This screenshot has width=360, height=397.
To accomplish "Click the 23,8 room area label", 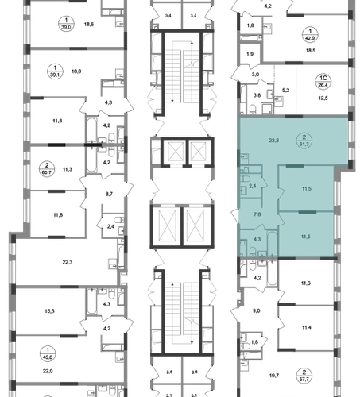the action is click(x=273, y=141).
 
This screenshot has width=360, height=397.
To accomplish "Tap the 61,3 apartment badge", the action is click(x=304, y=141).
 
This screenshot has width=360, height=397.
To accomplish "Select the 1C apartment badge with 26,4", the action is click(x=323, y=81).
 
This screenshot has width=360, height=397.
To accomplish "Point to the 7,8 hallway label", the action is click(x=257, y=214).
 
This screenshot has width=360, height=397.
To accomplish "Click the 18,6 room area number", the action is click(x=89, y=25).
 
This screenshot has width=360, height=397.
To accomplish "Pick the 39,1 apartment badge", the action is click(x=55, y=71).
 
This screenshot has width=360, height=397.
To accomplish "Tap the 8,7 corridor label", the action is click(x=109, y=194).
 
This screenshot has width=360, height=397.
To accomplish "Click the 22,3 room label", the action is click(x=68, y=262).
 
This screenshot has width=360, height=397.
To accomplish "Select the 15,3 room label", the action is click(x=49, y=311).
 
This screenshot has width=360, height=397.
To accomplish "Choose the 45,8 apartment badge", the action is click(x=48, y=353).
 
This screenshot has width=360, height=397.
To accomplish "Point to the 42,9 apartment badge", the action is click(x=310, y=35).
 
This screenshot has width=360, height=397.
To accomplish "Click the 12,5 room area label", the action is click(x=323, y=98).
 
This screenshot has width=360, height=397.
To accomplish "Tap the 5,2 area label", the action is click(x=285, y=91).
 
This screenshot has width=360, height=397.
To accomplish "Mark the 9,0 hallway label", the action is click(x=256, y=311).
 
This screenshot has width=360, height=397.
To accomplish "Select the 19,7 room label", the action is click(x=274, y=376).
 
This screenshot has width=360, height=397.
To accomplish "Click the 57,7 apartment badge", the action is click(x=304, y=376).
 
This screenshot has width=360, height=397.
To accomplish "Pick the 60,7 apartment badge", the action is click(x=47, y=169).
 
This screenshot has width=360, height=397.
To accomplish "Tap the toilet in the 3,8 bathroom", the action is click(x=253, y=109).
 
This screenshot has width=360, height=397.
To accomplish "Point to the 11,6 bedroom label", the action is click(x=306, y=283).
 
